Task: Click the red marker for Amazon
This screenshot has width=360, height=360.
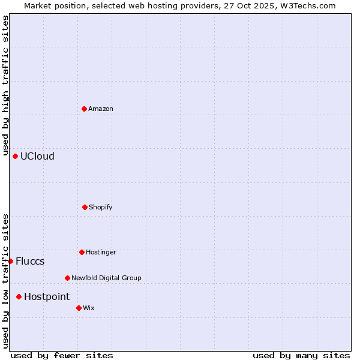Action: [84, 109]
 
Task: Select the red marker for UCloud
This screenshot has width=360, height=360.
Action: [15, 156]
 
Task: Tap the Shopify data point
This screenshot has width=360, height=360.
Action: [85, 207]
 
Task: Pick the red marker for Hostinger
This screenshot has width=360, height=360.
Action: [82, 252]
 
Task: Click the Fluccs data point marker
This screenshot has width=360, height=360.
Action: [10, 261]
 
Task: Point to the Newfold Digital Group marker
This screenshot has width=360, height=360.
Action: [67, 278]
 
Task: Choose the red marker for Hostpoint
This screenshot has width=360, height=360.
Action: [19, 296]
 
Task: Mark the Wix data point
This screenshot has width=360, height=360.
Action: [79, 308]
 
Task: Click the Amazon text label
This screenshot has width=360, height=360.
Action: [101, 109]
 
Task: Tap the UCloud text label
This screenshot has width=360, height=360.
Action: [37, 156]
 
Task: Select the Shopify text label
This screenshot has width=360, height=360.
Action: [101, 207]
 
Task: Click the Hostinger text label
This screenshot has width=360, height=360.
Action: [101, 252]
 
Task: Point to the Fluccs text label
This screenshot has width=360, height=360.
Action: [30, 261]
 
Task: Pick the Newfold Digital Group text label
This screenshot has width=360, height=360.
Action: [106, 278]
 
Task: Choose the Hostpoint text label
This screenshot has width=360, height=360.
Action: [47, 296]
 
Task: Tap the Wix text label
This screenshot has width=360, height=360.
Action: [89, 308]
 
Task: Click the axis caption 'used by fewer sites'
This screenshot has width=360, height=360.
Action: [62, 355]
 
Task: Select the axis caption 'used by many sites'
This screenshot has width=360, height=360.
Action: [301, 355]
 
